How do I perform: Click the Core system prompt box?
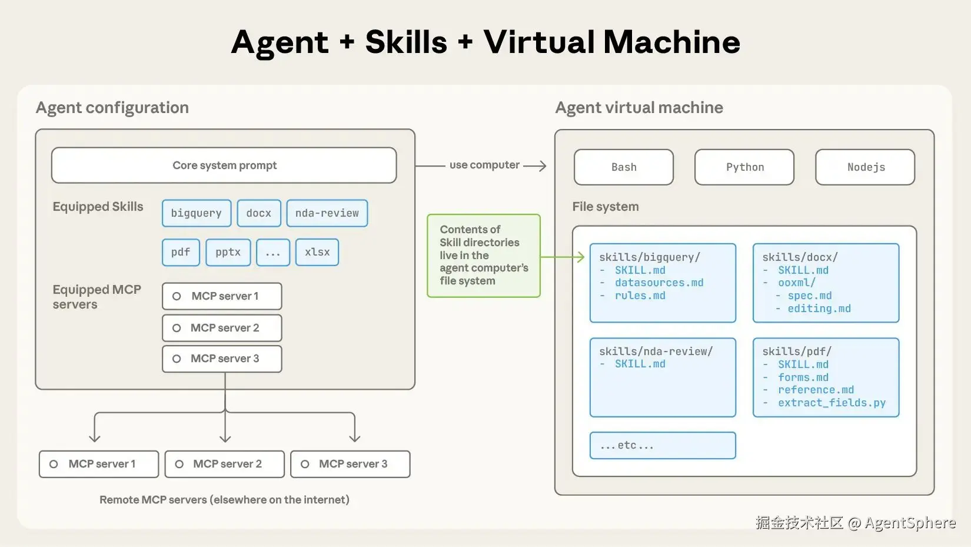coord(224,165)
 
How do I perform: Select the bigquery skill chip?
coord(197,213)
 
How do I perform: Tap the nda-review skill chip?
coord(327,213)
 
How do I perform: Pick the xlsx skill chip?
coord(317,252)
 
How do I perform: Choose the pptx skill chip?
coord(228,252)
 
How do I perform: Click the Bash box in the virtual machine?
coord(624,167)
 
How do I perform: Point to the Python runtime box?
coord(744,167)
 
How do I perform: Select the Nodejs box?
coord(865,167)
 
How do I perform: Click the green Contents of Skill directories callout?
coord(484,256)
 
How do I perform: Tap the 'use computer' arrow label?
coord(484,165)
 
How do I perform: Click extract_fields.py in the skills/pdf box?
coord(832,403)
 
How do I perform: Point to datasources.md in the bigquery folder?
coord(659,283)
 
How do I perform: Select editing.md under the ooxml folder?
coord(819,309)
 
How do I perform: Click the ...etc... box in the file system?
coord(663,446)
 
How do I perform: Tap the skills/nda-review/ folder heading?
coord(656,352)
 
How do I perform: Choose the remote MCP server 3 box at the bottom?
coord(350,464)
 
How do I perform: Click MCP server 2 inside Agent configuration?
coord(222,328)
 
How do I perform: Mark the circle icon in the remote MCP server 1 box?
coord(54,464)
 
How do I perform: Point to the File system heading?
coord(606,207)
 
